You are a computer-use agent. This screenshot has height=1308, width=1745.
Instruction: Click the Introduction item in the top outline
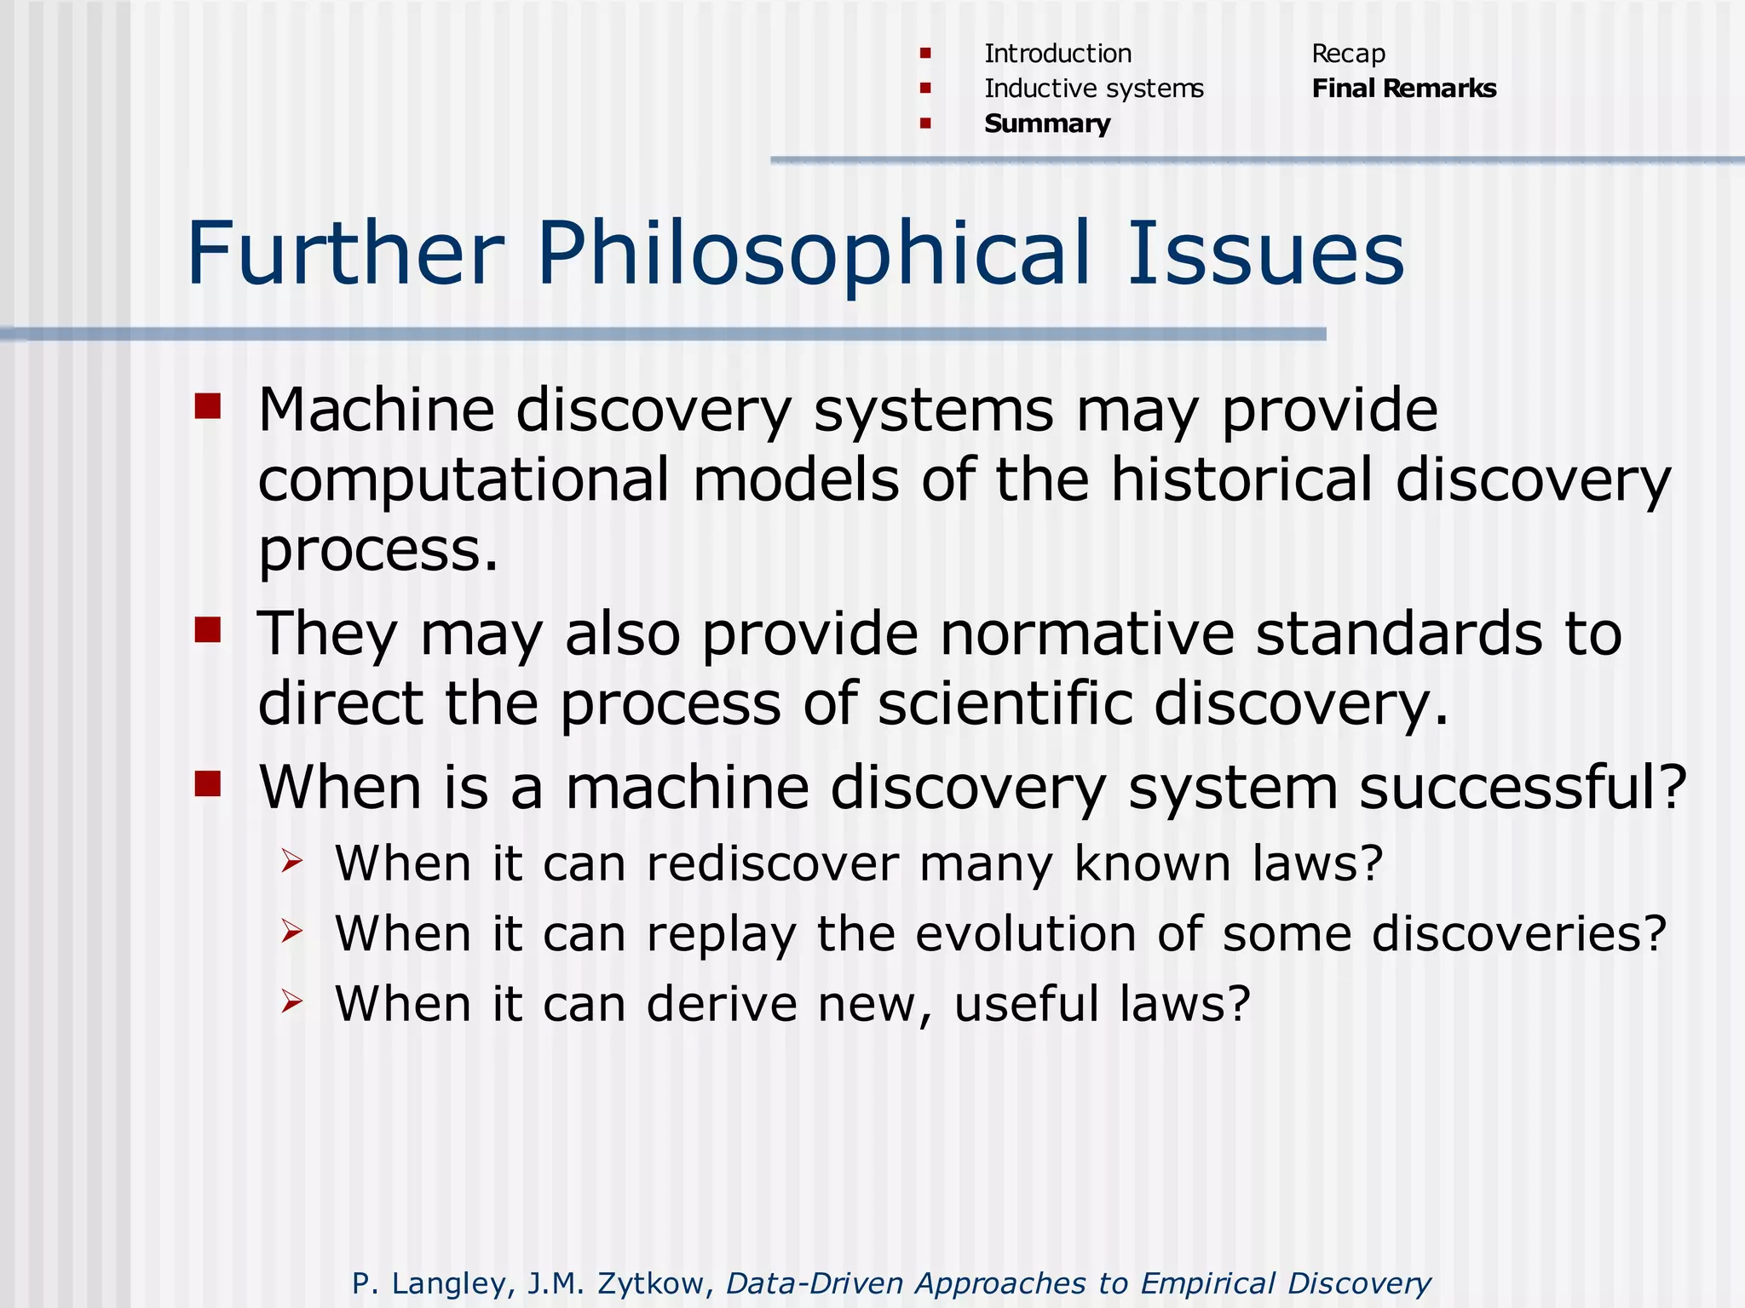1057,54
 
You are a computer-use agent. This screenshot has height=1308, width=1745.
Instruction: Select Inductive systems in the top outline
1093,89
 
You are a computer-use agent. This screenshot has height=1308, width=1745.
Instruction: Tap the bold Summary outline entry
1047,124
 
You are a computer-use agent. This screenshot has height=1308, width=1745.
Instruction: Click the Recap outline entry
1348,54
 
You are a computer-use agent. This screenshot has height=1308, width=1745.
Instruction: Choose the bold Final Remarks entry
1403,89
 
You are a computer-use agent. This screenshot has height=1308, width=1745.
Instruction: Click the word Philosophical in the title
814,254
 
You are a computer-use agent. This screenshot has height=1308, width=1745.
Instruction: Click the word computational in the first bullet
464,480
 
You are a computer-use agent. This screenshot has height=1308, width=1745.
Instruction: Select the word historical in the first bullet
1241,480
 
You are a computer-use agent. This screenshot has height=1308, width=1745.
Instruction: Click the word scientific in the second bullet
1005,704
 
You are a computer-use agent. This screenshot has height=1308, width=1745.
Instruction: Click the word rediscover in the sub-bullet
772,863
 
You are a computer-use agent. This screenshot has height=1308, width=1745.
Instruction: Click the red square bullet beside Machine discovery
208,406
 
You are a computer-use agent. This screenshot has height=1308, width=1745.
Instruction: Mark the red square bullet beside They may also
208,630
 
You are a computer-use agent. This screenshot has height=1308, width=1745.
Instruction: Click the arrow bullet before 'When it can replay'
292,932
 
